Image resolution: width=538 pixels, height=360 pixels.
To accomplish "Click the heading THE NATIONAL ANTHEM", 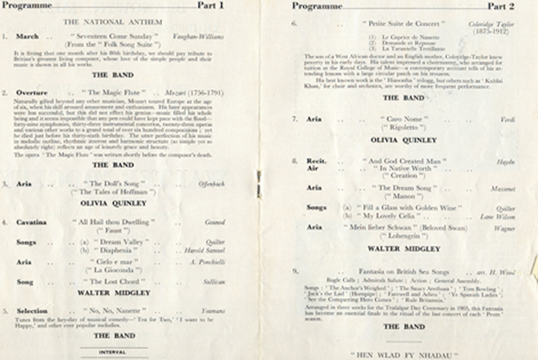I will point(113,21).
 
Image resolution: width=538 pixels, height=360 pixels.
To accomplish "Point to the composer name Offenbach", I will point(211,184).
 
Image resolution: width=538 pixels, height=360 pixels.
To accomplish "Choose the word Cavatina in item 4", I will point(32,223).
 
